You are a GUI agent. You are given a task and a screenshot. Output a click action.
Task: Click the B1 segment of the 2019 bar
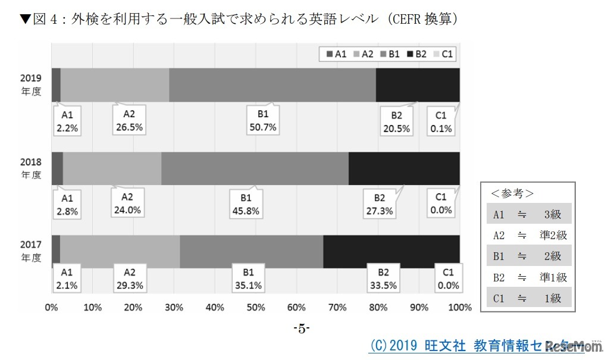click(x=272, y=84)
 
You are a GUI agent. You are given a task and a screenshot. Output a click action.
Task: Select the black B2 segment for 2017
click(x=391, y=252)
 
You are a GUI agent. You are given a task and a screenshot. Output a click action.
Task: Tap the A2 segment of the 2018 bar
click(x=112, y=168)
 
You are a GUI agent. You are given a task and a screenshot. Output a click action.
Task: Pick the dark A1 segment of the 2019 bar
click(x=56, y=84)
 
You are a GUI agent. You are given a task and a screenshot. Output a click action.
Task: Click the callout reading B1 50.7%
click(x=262, y=121)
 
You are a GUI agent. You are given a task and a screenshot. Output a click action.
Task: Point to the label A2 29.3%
click(x=129, y=278)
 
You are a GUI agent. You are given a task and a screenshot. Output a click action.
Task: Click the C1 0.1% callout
click(x=441, y=121)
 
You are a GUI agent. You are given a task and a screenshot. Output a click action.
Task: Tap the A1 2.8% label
click(x=67, y=204)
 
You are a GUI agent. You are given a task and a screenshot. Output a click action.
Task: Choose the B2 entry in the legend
click(x=416, y=54)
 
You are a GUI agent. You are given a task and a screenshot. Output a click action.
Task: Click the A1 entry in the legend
click(x=336, y=54)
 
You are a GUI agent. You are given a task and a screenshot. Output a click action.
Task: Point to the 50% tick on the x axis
click(x=256, y=308)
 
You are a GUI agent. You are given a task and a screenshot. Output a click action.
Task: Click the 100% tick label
click(x=459, y=308)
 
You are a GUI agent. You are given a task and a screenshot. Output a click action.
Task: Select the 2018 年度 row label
click(x=31, y=168)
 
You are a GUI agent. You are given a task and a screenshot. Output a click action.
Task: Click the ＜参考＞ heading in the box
click(x=512, y=194)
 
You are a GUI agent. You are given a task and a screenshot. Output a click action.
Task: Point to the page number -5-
click(x=302, y=328)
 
